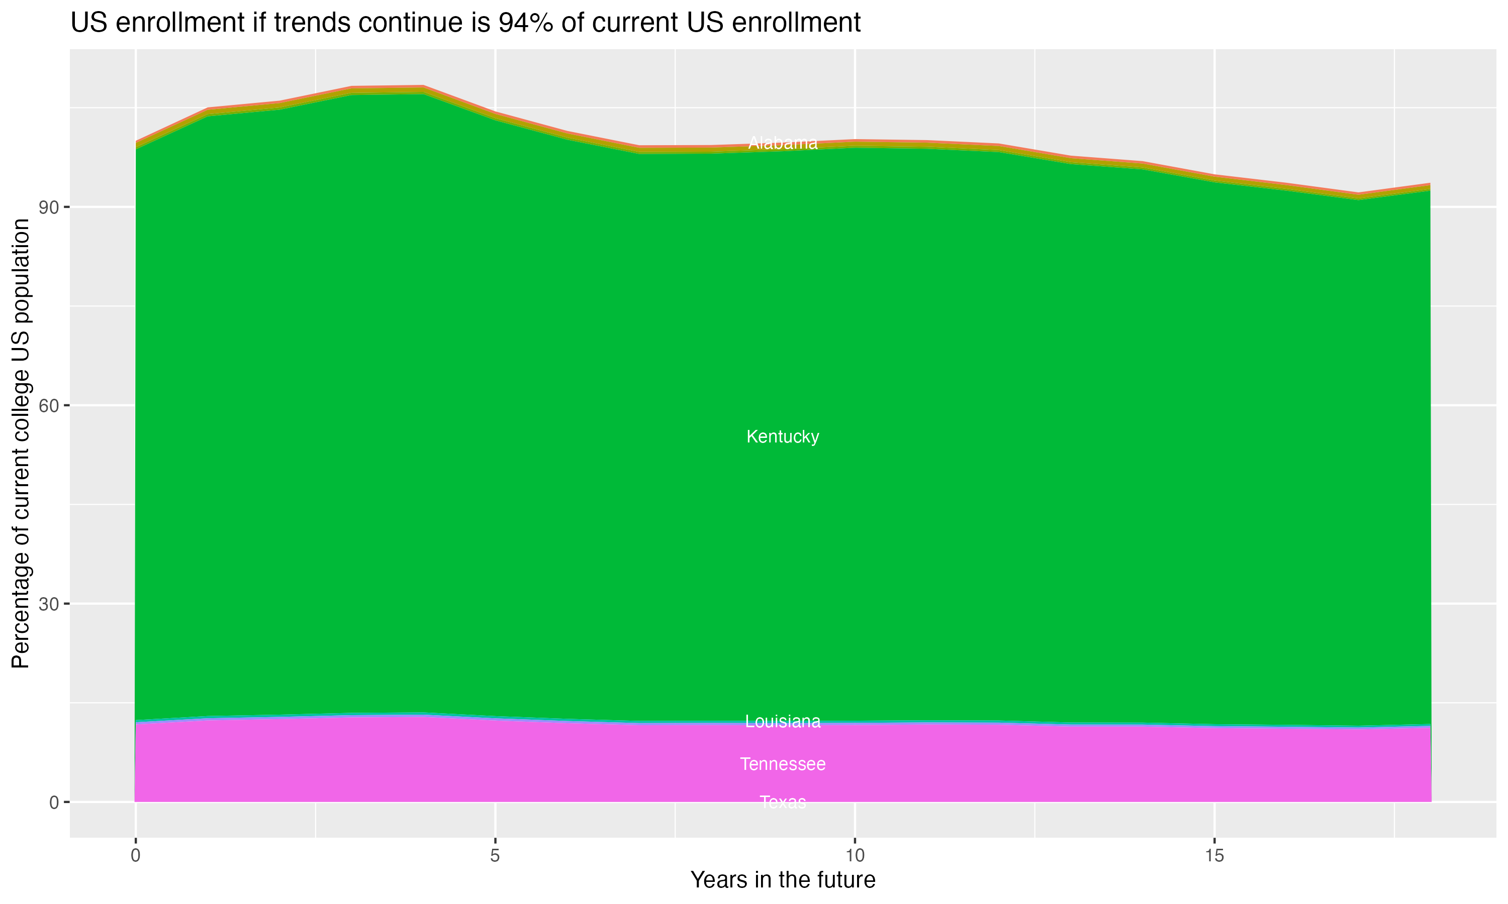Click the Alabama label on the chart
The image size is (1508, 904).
pyautogui.click(x=783, y=143)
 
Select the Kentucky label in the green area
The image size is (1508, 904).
pyautogui.click(x=783, y=437)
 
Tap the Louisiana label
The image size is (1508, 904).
pyautogui.click(x=783, y=721)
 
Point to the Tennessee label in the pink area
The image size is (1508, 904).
pyautogui.click(x=783, y=764)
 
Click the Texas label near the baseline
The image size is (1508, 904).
pyautogui.click(x=783, y=802)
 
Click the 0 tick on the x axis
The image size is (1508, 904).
pyautogui.click(x=135, y=856)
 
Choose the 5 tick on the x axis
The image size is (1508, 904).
pyautogui.click(x=495, y=856)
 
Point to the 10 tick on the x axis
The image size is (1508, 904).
pyautogui.click(x=855, y=856)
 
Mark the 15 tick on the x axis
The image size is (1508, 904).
pyautogui.click(x=1215, y=856)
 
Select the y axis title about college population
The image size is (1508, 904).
pyautogui.click(x=21, y=443)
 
